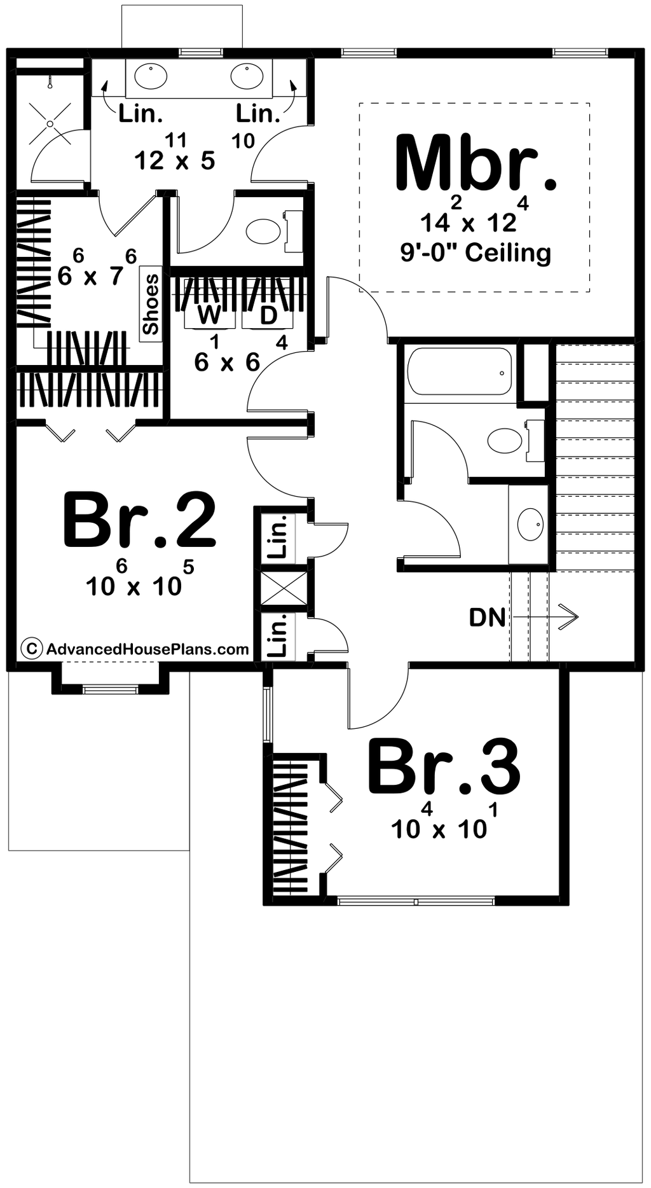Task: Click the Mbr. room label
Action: (x=476, y=163)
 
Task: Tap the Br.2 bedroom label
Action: (x=140, y=520)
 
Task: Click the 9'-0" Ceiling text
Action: (x=476, y=253)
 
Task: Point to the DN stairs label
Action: (x=487, y=618)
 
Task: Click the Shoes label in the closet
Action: (x=151, y=305)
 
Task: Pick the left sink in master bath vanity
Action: (x=151, y=76)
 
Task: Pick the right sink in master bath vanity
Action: (x=247, y=76)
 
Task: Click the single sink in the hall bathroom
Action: (x=530, y=524)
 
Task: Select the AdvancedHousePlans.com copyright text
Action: (x=147, y=649)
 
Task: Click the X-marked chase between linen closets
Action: (x=284, y=588)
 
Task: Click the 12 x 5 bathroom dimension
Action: (x=175, y=161)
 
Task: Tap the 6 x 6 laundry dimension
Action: (x=227, y=363)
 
